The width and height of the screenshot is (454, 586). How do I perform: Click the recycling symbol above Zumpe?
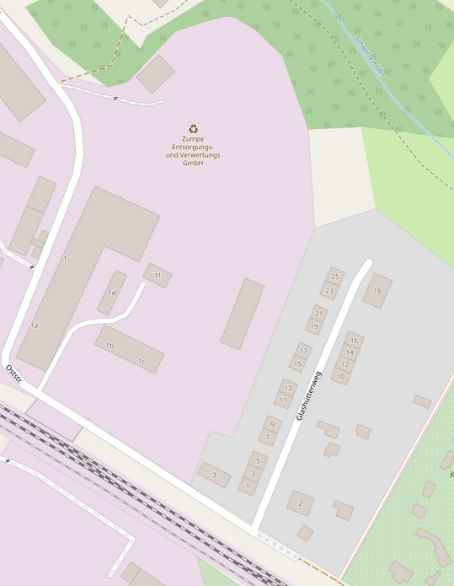point(194,129)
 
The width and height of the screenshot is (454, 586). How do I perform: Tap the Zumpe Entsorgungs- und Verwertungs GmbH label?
point(193,151)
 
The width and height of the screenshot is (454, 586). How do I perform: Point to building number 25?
point(335,277)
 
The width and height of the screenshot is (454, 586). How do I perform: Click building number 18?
point(377,291)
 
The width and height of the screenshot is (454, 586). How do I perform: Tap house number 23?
point(329,290)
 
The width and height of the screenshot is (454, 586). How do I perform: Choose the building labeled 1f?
point(158,275)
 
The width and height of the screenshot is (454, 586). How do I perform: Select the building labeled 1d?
point(111,293)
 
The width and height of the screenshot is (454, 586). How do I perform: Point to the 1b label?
point(109,346)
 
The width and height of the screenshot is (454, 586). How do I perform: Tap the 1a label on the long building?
point(35,325)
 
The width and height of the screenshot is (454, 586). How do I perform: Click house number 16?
point(355,341)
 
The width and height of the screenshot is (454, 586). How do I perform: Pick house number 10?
point(340,376)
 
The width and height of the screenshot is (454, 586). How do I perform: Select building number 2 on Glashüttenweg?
point(300,504)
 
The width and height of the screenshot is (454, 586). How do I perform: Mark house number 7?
point(268,437)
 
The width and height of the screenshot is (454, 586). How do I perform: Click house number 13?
point(288,388)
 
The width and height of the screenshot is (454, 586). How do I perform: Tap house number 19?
point(314,327)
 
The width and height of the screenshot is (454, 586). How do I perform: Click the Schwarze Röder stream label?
point(369,56)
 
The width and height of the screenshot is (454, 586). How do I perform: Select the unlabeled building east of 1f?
point(243,314)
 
